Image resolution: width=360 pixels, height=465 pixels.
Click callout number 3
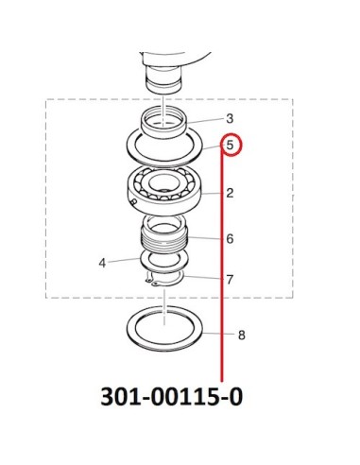click(230, 119)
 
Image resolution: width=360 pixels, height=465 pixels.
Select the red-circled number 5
click(230, 146)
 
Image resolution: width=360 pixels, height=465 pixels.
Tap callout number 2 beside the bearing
click(230, 193)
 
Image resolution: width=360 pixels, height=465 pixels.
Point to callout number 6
click(230, 239)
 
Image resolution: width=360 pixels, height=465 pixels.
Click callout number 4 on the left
click(102, 263)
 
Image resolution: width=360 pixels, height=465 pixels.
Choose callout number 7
click(230, 280)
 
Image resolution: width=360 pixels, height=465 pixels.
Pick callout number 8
click(242, 336)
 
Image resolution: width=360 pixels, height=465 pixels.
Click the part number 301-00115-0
click(172, 396)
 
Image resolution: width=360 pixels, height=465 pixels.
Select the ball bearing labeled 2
click(164, 186)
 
